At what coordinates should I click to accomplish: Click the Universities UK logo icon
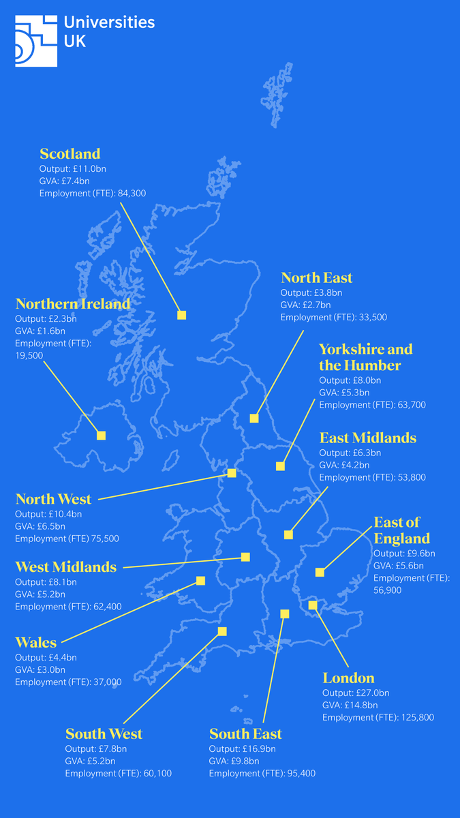[x=36, y=41]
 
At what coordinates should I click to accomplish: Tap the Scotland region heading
[x=70, y=153]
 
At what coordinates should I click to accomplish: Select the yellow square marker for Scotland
[x=181, y=315]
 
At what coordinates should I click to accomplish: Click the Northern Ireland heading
[x=73, y=303]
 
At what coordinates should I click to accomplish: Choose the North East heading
[x=317, y=277]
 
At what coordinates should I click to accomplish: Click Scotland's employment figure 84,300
[x=132, y=194]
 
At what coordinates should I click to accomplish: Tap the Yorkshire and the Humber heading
[x=366, y=357]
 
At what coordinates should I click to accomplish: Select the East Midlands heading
[x=367, y=438]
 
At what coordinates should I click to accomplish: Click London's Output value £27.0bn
[x=374, y=693]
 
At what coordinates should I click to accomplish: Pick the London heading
[x=348, y=678]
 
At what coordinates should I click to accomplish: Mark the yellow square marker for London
[x=313, y=605]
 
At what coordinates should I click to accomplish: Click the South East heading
[x=245, y=734]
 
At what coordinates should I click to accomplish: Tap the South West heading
[x=104, y=734]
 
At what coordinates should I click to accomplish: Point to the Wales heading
[x=36, y=643]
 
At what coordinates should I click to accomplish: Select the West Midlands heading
[x=66, y=567]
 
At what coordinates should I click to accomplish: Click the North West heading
[x=53, y=500]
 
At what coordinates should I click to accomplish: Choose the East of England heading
[x=401, y=530]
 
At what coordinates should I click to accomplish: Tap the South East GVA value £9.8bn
[x=244, y=761]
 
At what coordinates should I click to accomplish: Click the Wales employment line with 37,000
[x=68, y=682]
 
